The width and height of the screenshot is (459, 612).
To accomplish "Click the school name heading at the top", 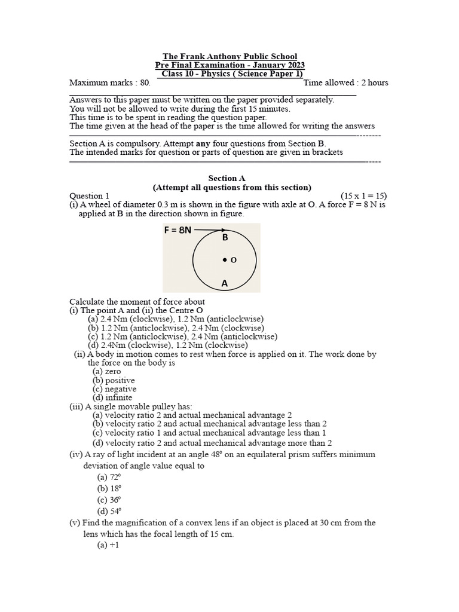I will (x=229, y=56).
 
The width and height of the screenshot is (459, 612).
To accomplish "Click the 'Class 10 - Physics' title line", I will (x=229, y=74).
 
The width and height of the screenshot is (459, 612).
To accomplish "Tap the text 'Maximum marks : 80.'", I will (x=110, y=82).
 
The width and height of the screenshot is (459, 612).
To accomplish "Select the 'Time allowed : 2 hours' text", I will (x=346, y=82).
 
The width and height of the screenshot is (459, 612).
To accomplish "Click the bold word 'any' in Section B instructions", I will (x=203, y=143).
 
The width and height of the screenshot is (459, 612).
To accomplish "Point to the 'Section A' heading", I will (x=227, y=178).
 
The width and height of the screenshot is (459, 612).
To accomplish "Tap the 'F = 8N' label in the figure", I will (x=178, y=229).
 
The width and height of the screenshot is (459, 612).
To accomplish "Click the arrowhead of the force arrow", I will (x=223, y=229).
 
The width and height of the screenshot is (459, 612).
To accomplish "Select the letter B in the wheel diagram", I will (x=225, y=238).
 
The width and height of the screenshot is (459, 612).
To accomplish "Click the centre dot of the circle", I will (x=225, y=260).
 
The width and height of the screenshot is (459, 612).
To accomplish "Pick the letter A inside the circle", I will (x=225, y=284).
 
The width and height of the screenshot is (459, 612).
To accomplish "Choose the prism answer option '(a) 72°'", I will (x=109, y=477).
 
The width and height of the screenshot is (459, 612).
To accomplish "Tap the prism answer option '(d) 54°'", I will (x=109, y=511).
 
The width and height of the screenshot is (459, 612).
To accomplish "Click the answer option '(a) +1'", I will (x=108, y=546).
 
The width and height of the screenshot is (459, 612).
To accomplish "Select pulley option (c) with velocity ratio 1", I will (x=209, y=433).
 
